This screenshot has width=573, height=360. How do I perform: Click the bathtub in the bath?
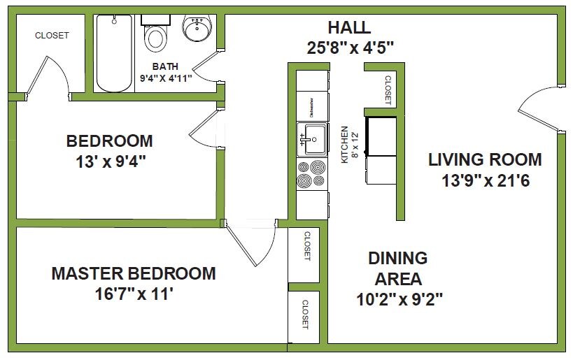click(x=114, y=53)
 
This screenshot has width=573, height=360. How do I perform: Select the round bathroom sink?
click(x=196, y=29)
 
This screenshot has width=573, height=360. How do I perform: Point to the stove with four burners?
click(x=312, y=173)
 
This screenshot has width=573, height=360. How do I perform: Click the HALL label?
click(x=349, y=28)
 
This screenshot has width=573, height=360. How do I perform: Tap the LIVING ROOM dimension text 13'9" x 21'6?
click(x=484, y=180)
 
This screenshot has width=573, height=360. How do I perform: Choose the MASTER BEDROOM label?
click(x=134, y=273)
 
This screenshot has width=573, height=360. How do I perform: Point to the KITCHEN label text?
click(x=344, y=145)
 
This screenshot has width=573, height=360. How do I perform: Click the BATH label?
click(x=165, y=66)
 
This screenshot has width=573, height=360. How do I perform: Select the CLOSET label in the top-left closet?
click(x=52, y=36)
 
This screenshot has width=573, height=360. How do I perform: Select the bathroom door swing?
click(x=204, y=69)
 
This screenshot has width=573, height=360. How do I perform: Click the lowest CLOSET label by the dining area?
click(x=306, y=315)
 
